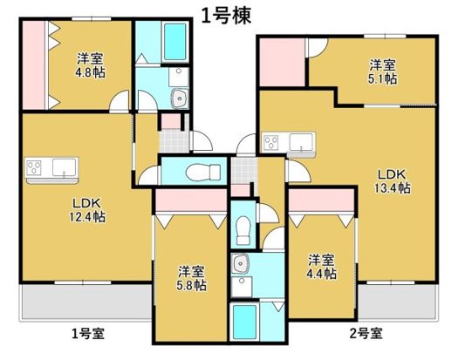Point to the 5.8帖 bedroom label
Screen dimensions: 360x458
(192, 277)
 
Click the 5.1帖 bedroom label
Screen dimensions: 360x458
(382, 71)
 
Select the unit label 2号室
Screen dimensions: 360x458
(365, 332)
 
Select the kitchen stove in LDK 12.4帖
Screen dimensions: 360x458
(38, 166)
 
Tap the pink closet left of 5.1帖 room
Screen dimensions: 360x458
(280, 62)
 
